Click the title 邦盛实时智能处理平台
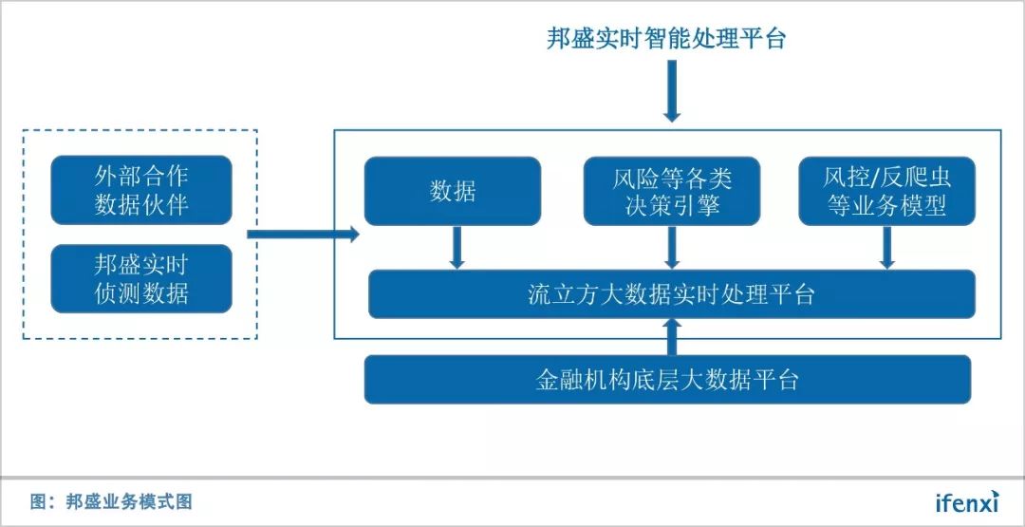pos(666,39)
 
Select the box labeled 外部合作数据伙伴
pos(141,190)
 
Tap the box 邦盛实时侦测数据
pos(141,278)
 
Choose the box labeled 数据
pos(453,191)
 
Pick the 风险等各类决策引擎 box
pos(672,191)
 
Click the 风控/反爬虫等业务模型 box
pos(886,191)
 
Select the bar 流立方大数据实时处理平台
pos(671,294)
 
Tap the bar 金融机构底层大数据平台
pos(667,380)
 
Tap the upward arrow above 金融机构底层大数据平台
pos(672,336)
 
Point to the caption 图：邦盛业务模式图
pos(111,501)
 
